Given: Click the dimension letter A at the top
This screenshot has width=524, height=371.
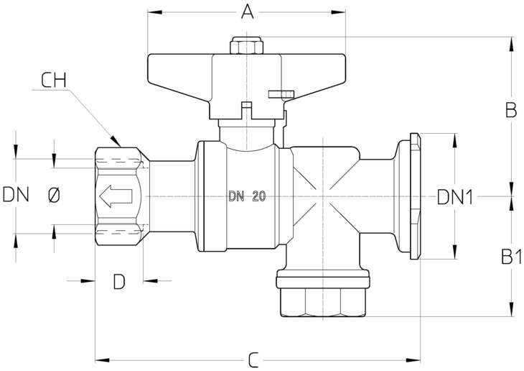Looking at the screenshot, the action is [247, 12].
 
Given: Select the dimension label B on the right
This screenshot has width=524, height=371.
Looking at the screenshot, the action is [511, 110].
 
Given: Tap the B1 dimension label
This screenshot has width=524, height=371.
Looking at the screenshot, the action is [511, 257].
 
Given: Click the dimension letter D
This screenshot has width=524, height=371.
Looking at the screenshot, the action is [119, 281].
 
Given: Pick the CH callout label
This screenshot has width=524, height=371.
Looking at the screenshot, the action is [54, 81].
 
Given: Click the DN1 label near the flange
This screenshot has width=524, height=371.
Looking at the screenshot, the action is [455, 197].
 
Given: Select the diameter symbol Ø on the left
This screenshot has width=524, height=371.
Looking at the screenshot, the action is [54, 195].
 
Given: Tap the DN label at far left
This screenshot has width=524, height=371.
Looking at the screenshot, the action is [16, 195].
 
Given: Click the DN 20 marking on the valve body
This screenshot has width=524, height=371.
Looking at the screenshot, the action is [248, 196].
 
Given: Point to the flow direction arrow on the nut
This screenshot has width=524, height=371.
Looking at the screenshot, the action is [116, 196].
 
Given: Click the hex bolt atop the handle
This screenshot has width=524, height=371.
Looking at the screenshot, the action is [246, 45].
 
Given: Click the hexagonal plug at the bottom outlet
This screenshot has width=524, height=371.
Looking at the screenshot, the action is [323, 303].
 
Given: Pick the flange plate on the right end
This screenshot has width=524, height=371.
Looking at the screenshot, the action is [415, 196].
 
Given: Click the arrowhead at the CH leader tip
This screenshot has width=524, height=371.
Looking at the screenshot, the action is [116, 141].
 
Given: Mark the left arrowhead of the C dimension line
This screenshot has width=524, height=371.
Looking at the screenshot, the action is [102, 361].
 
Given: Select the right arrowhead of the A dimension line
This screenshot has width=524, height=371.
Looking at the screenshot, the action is [338, 12].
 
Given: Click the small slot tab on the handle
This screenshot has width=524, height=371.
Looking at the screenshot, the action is [281, 93].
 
